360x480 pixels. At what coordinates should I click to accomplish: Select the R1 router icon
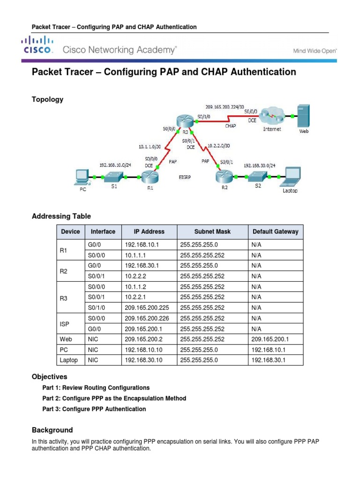tap(150, 177)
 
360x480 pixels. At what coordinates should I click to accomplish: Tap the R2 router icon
tap(224, 177)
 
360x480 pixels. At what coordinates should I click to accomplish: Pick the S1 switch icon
tap(113, 176)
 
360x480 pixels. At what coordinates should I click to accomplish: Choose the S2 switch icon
tap(258, 177)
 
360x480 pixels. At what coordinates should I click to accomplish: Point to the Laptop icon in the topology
tap(290, 177)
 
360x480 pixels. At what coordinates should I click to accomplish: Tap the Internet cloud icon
tap(272, 115)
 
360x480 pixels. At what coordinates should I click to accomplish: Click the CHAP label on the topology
tap(230, 126)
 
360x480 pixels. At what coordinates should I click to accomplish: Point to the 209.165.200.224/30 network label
tap(224, 107)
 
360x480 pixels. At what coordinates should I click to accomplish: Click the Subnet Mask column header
tap(212, 232)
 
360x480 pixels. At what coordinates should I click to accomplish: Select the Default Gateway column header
tap(275, 232)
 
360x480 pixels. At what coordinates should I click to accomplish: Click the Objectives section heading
tap(49, 377)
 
